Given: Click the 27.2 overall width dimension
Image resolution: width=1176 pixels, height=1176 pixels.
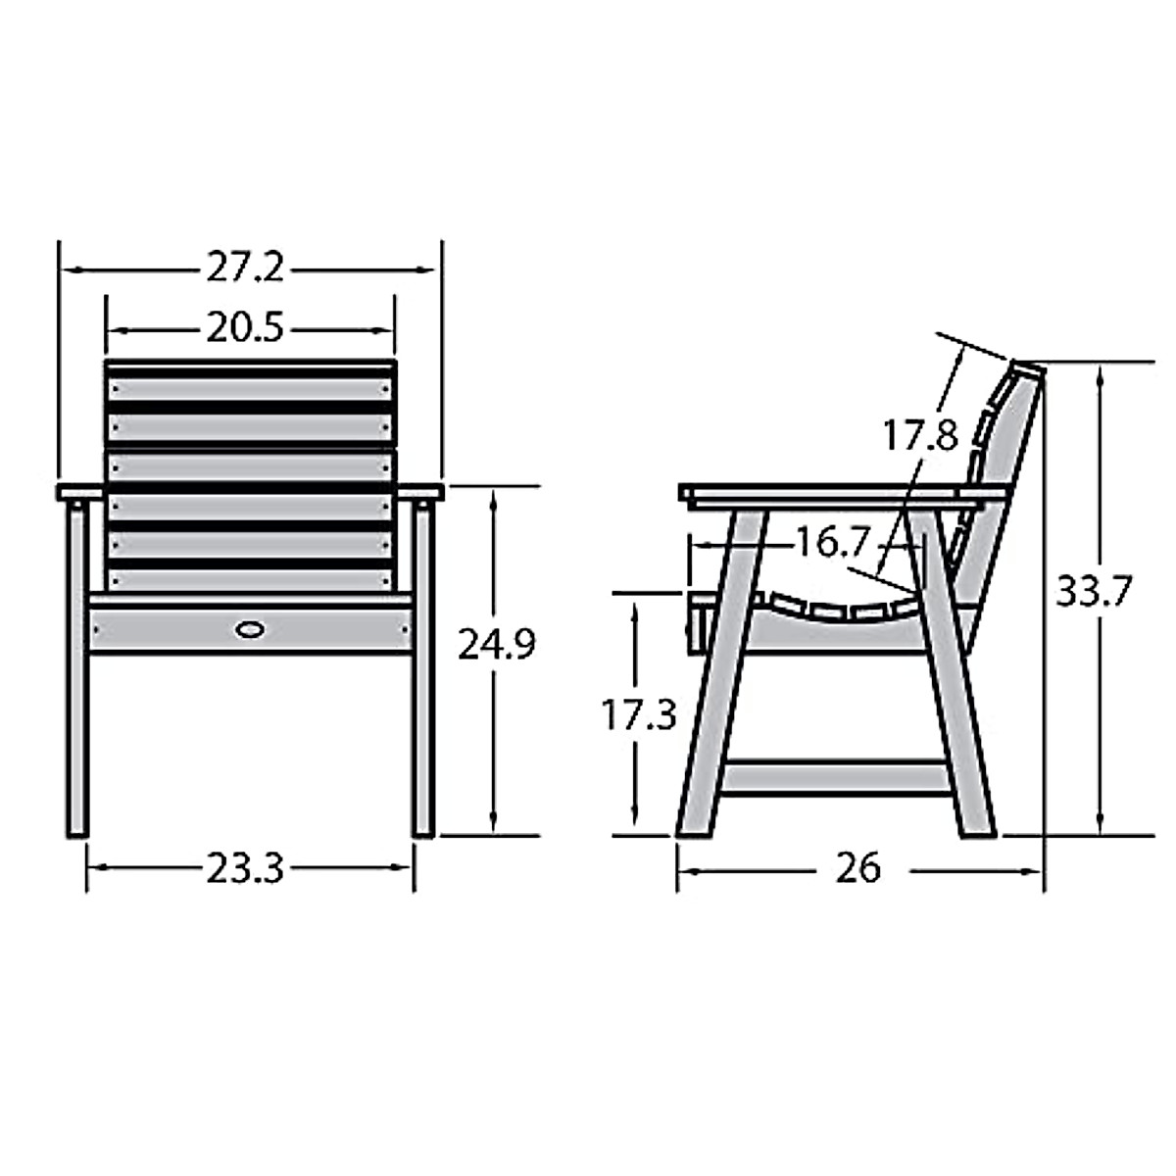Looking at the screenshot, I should click(x=245, y=268).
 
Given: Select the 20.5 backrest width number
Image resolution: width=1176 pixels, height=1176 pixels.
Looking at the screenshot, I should click(x=245, y=328).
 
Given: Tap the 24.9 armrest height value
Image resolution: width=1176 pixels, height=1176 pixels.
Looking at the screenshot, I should click(x=498, y=644).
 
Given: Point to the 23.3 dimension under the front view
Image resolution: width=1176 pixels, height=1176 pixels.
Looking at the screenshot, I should click(x=245, y=867).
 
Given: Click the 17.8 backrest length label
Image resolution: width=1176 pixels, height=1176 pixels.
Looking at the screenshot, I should click(x=919, y=433).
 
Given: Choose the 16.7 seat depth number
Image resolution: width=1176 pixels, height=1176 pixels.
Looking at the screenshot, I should click(x=832, y=542).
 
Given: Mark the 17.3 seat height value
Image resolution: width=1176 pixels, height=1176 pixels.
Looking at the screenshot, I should click(x=638, y=715).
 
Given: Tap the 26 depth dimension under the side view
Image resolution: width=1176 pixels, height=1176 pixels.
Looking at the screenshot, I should click(x=858, y=867).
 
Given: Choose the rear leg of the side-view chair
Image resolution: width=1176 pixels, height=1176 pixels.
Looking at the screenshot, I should click(x=955, y=706).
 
